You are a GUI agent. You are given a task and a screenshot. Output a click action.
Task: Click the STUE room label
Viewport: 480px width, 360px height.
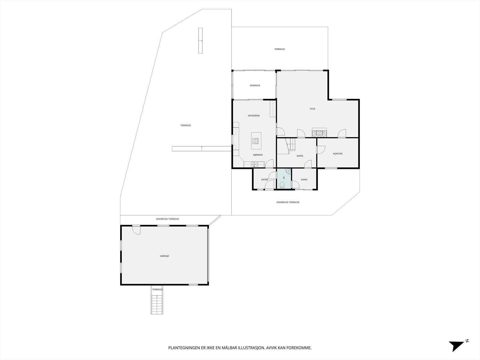click(x=312, y=109)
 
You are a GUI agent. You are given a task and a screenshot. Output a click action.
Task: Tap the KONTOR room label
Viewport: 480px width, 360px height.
click(x=337, y=154)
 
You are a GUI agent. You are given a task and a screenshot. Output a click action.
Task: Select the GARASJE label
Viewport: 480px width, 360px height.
click(x=164, y=256)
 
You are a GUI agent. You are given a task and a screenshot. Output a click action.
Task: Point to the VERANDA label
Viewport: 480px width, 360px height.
click(x=255, y=85)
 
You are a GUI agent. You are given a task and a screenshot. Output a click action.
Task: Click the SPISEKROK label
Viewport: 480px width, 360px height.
click(x=254, y=115)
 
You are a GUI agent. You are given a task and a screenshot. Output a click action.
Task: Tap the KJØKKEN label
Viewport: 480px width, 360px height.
click(x=258, y=155)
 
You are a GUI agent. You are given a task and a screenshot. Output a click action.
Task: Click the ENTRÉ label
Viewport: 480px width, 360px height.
click(x=265, y=180)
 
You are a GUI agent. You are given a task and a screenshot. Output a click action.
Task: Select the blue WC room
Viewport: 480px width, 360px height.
click(x=284, y=178)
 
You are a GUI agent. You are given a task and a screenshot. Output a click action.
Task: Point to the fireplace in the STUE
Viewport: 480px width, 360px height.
click(x=319, y=133)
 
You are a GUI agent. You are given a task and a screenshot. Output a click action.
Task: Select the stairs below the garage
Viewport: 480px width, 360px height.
click(x=157, y=304)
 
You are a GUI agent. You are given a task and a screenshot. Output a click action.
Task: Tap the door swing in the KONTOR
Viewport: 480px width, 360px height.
click(x=321, y=150)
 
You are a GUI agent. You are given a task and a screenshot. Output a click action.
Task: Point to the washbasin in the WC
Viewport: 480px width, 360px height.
click(x=288, y=171)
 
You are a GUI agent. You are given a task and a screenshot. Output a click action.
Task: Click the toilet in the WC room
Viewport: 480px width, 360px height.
click(x=282, y=186)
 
